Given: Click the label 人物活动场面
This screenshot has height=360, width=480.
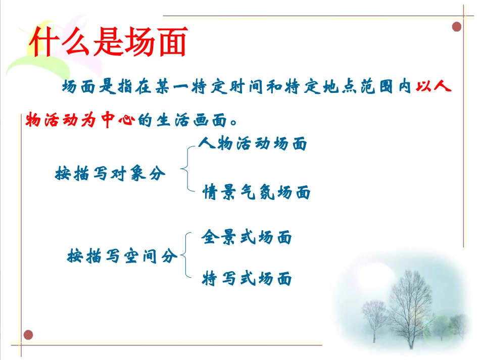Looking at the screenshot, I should tap(253, 144).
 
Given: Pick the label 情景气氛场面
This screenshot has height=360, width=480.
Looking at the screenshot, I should tap(256, 192).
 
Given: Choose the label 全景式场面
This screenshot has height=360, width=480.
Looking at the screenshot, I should tap(247, 237).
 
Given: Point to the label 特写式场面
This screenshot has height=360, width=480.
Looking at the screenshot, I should tap(247, 279).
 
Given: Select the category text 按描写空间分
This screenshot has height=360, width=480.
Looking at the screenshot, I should tap(122, 256).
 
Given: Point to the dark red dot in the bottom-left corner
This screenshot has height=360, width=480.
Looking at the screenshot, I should tap(29, 334).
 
